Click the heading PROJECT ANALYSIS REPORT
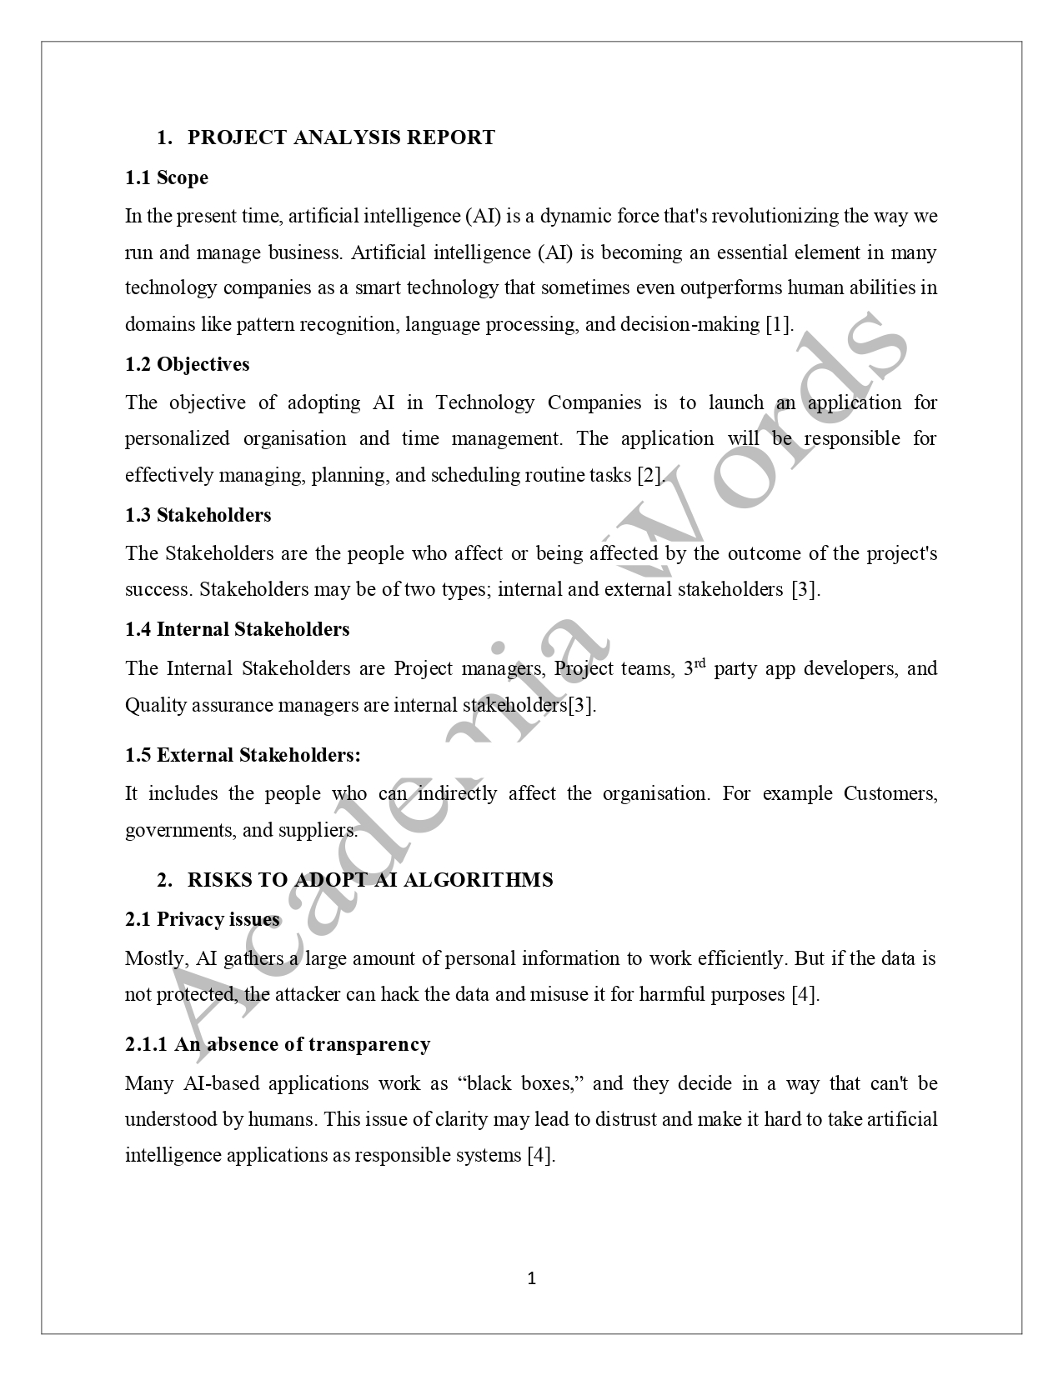[341, 137]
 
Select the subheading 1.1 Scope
[167, 177]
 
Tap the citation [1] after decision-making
[779, 324]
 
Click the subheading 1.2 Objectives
[188, 364]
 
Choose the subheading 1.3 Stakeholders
[198, 515]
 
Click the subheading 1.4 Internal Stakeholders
[238, 629]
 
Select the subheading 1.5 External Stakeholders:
[243, 755]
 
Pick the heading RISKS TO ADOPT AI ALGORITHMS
[370, 880]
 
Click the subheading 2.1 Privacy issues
[203, 919]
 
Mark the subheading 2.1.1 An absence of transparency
[278, 1044]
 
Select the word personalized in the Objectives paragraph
[177, 439]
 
